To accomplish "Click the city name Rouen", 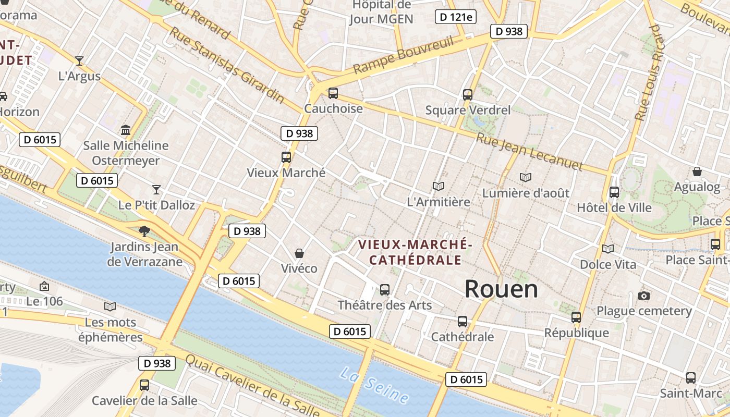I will click(x=501, y=289).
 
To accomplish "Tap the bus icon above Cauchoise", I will click(x=333, y=93).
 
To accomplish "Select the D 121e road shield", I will click(x=456, y=17).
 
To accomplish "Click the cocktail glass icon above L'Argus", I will click(x=79, y=61).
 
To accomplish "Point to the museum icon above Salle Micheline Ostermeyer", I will click(x=126, y=130).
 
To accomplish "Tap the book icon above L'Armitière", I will click(x=439, y=186).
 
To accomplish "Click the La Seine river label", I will click(x=374, y=385).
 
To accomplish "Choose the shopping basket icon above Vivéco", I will click(x=299, y=253).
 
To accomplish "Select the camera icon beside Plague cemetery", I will click(x=644, y=296).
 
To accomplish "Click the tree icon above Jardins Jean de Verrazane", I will click(x=144, y=231).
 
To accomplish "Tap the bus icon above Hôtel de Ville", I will click(x=614, y=192).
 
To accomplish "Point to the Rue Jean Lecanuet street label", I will click(x=529, y=151).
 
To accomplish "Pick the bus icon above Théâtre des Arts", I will click(x=385, y=290).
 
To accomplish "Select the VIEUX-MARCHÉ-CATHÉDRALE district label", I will click(x=415, y=252).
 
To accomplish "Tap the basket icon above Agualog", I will click(x=697, y=171).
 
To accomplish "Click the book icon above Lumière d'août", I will click(x=526, y=178).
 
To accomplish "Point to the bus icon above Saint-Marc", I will click(x=691, y=378).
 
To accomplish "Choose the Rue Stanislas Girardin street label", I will click(x=227, y=65).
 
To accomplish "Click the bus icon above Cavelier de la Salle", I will click(x=144, y=385).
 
